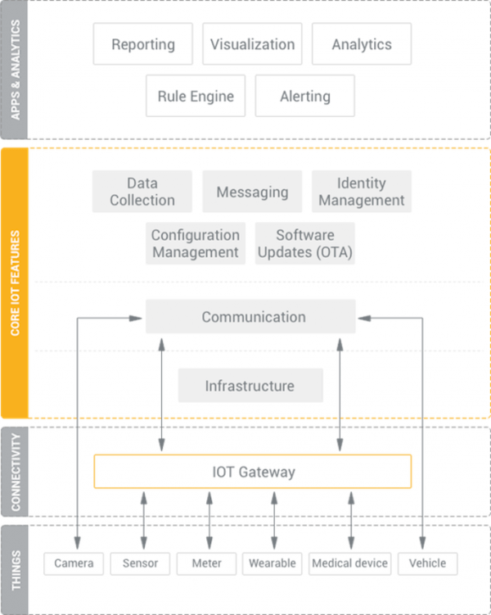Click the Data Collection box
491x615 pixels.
coord(142,192)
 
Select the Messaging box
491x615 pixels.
coord(251,192)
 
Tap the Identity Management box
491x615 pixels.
coord(361,192)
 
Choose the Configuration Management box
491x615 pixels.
coord(196,244)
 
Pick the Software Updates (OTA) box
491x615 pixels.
coord(304,244)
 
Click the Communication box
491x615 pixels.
coord(251,316)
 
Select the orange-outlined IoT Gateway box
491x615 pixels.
coord(252,471)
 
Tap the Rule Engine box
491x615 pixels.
coord(196,97)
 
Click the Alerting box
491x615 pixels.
coord(305,97)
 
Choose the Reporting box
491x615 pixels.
coord(142,43)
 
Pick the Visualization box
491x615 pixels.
coord(250,43)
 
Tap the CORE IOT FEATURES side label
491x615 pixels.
coord(16,283)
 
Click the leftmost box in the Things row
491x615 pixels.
coord(74,563)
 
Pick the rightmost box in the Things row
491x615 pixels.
coord(426,563)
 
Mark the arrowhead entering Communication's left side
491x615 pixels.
coord(140,317)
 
